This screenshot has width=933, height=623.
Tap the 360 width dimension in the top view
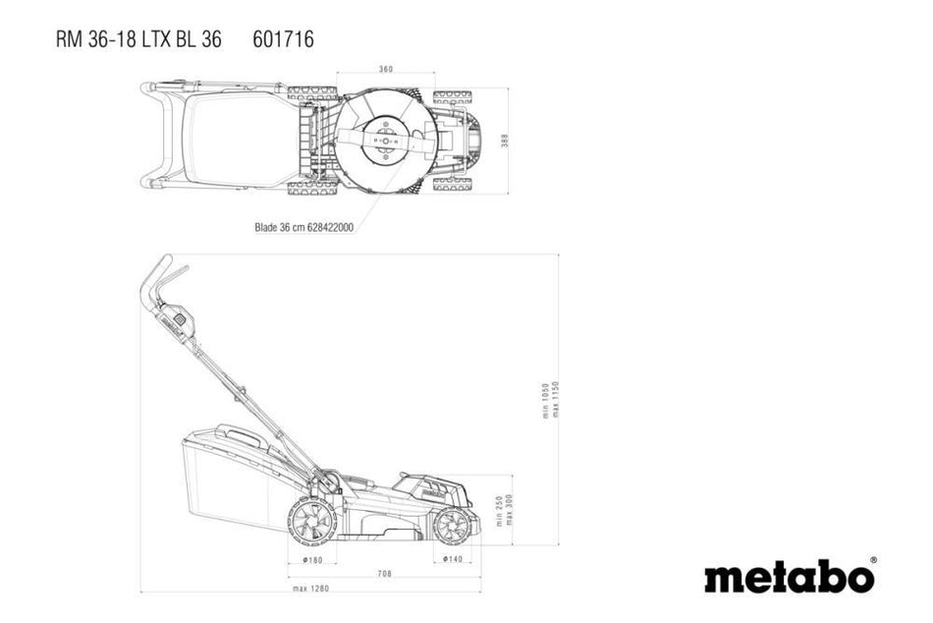pyautogui.click(x=386, y=70)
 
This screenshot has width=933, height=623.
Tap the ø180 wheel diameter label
pyautogui.click(x=311, y=559)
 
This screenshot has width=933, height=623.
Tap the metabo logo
pyautogui.click(x=789, y=577)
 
